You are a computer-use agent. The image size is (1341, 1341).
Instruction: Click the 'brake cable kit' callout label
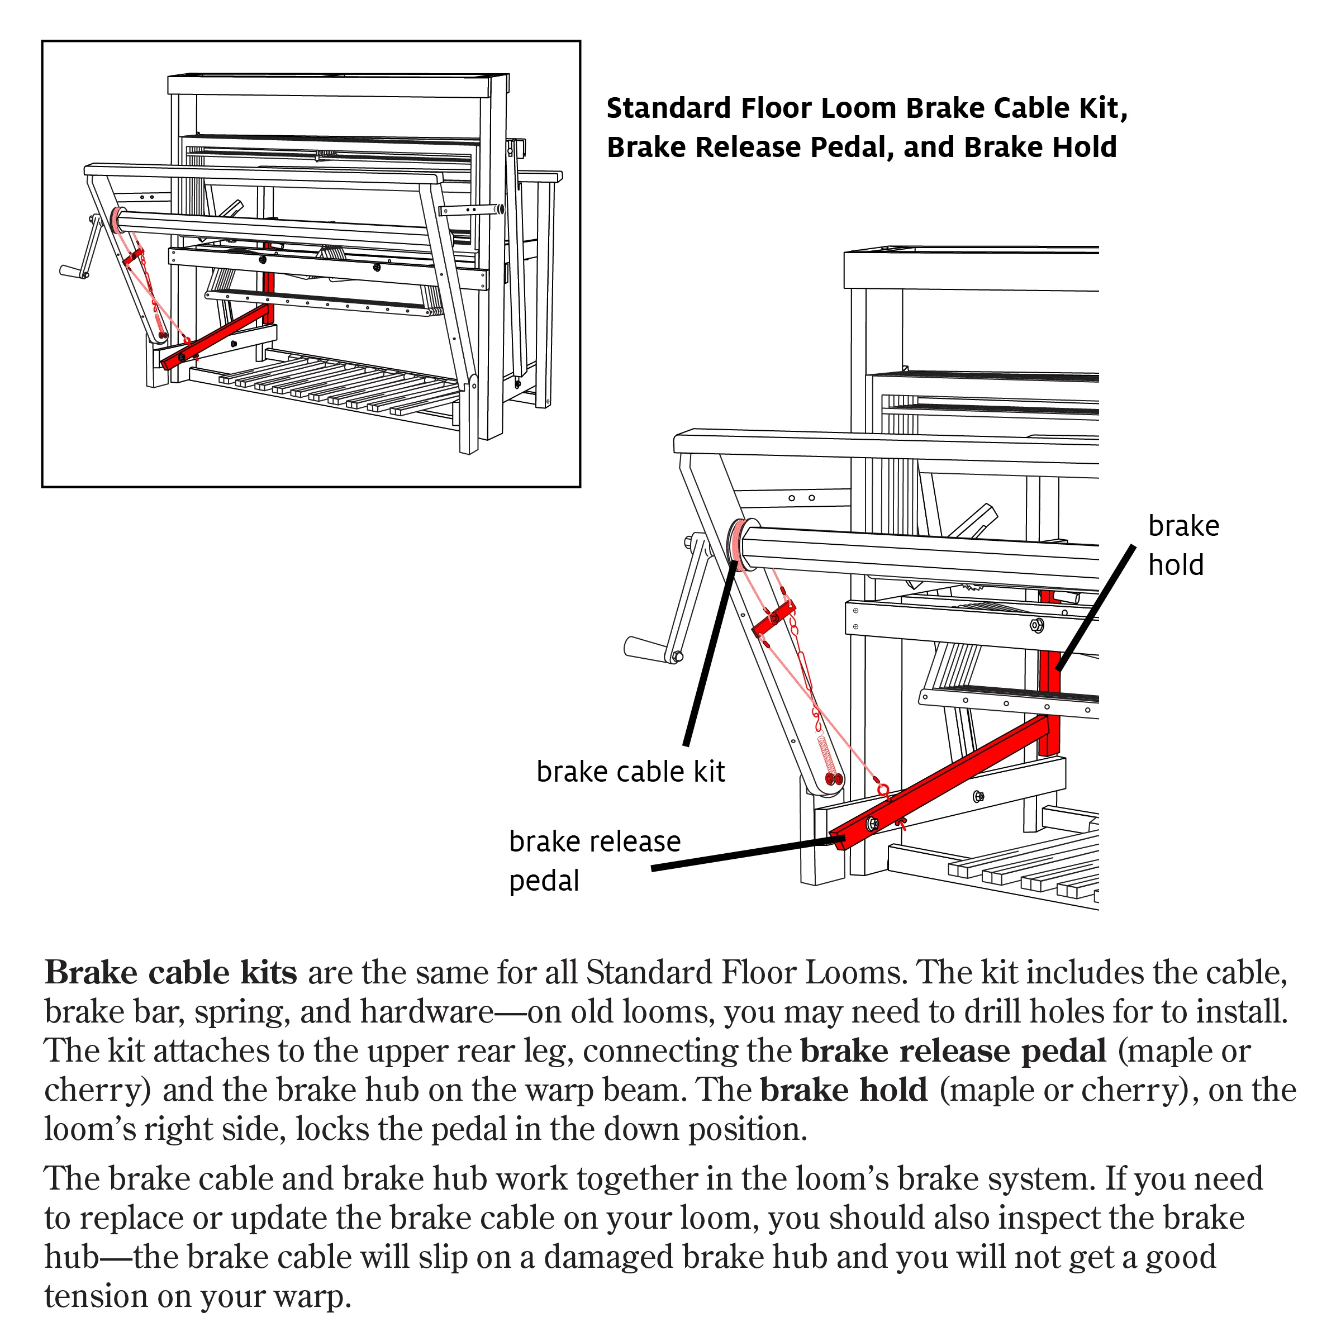[x=630, y=771]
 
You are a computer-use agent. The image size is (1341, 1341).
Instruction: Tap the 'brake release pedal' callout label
[x=595, y=860]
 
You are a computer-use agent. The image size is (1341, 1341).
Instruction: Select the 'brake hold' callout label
[x=1183, y=545]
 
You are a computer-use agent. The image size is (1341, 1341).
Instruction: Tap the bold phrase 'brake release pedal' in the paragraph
[x=953, y=1051]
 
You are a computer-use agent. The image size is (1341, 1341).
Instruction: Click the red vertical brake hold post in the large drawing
[x=1049, y=673]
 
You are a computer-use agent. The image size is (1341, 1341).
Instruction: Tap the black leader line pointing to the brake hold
[x=1095, y=607]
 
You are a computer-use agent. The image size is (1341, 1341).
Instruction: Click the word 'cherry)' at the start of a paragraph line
[x=97, y=1091]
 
